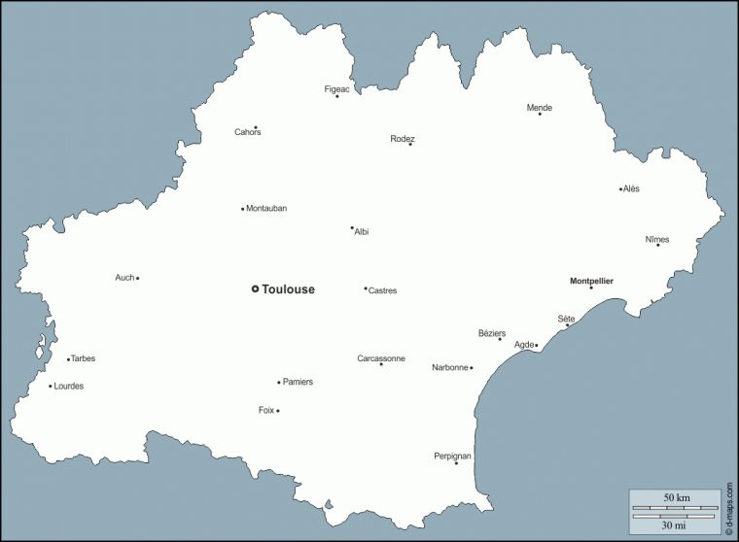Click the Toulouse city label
click(288, 289)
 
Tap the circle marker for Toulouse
click(255, 288)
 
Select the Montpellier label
click(591, 281)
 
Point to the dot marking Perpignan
click(456, 462)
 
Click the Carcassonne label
click(381, 358)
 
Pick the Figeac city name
click(336, 88)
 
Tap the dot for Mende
click(540, 114)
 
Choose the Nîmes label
click(657, 239)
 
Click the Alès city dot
click(620, 188)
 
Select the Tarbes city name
click(84, 358)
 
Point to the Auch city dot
click(137, 278)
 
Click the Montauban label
click(266, 208)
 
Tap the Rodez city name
click(403, 139)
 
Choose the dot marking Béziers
click(500, 339)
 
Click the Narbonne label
click(450, 367)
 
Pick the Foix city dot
click(278, 411)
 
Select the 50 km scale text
click(676, 498)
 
